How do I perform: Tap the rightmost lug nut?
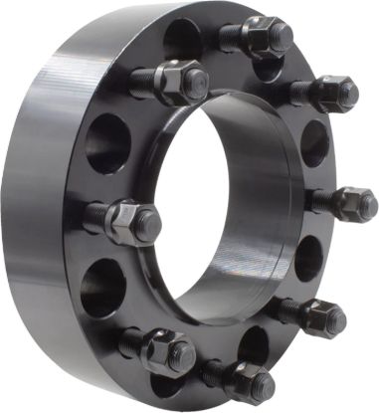(x=355, y=204)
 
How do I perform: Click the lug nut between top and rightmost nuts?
(x=334, y=95)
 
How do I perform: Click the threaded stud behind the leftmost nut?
(x=96, y=213)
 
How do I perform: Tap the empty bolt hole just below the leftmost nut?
(x=101, y=289)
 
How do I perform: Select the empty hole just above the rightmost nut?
(x=314, y=141)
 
